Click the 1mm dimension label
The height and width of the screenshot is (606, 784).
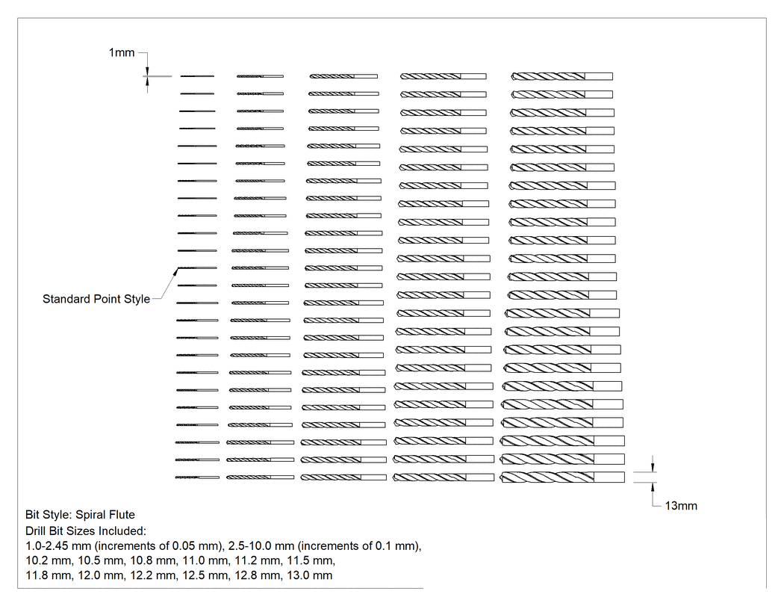coord(122,52)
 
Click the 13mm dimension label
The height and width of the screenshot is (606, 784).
coord(680,506)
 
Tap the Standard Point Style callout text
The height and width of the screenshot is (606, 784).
coord(96,299)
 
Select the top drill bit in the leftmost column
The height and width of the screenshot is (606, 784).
coord(197,76)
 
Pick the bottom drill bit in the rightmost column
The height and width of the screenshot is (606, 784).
coord(562,477)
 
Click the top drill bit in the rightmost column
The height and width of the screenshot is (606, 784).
coord(561,76)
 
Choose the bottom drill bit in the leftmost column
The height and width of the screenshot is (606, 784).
coord(197,477)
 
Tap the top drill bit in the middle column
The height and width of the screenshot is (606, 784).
coord(343,76)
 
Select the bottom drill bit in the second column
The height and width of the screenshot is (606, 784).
coord(260,477)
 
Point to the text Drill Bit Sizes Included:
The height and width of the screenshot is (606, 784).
coord(86,531)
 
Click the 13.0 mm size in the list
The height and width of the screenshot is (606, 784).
coord(310,575)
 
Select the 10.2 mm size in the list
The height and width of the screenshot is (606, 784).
coord(49,560)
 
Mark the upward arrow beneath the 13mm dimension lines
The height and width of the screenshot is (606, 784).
coord(653,487)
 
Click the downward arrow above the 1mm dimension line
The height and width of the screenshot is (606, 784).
coord(147,71)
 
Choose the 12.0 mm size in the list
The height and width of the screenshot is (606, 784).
coord(101,575)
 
